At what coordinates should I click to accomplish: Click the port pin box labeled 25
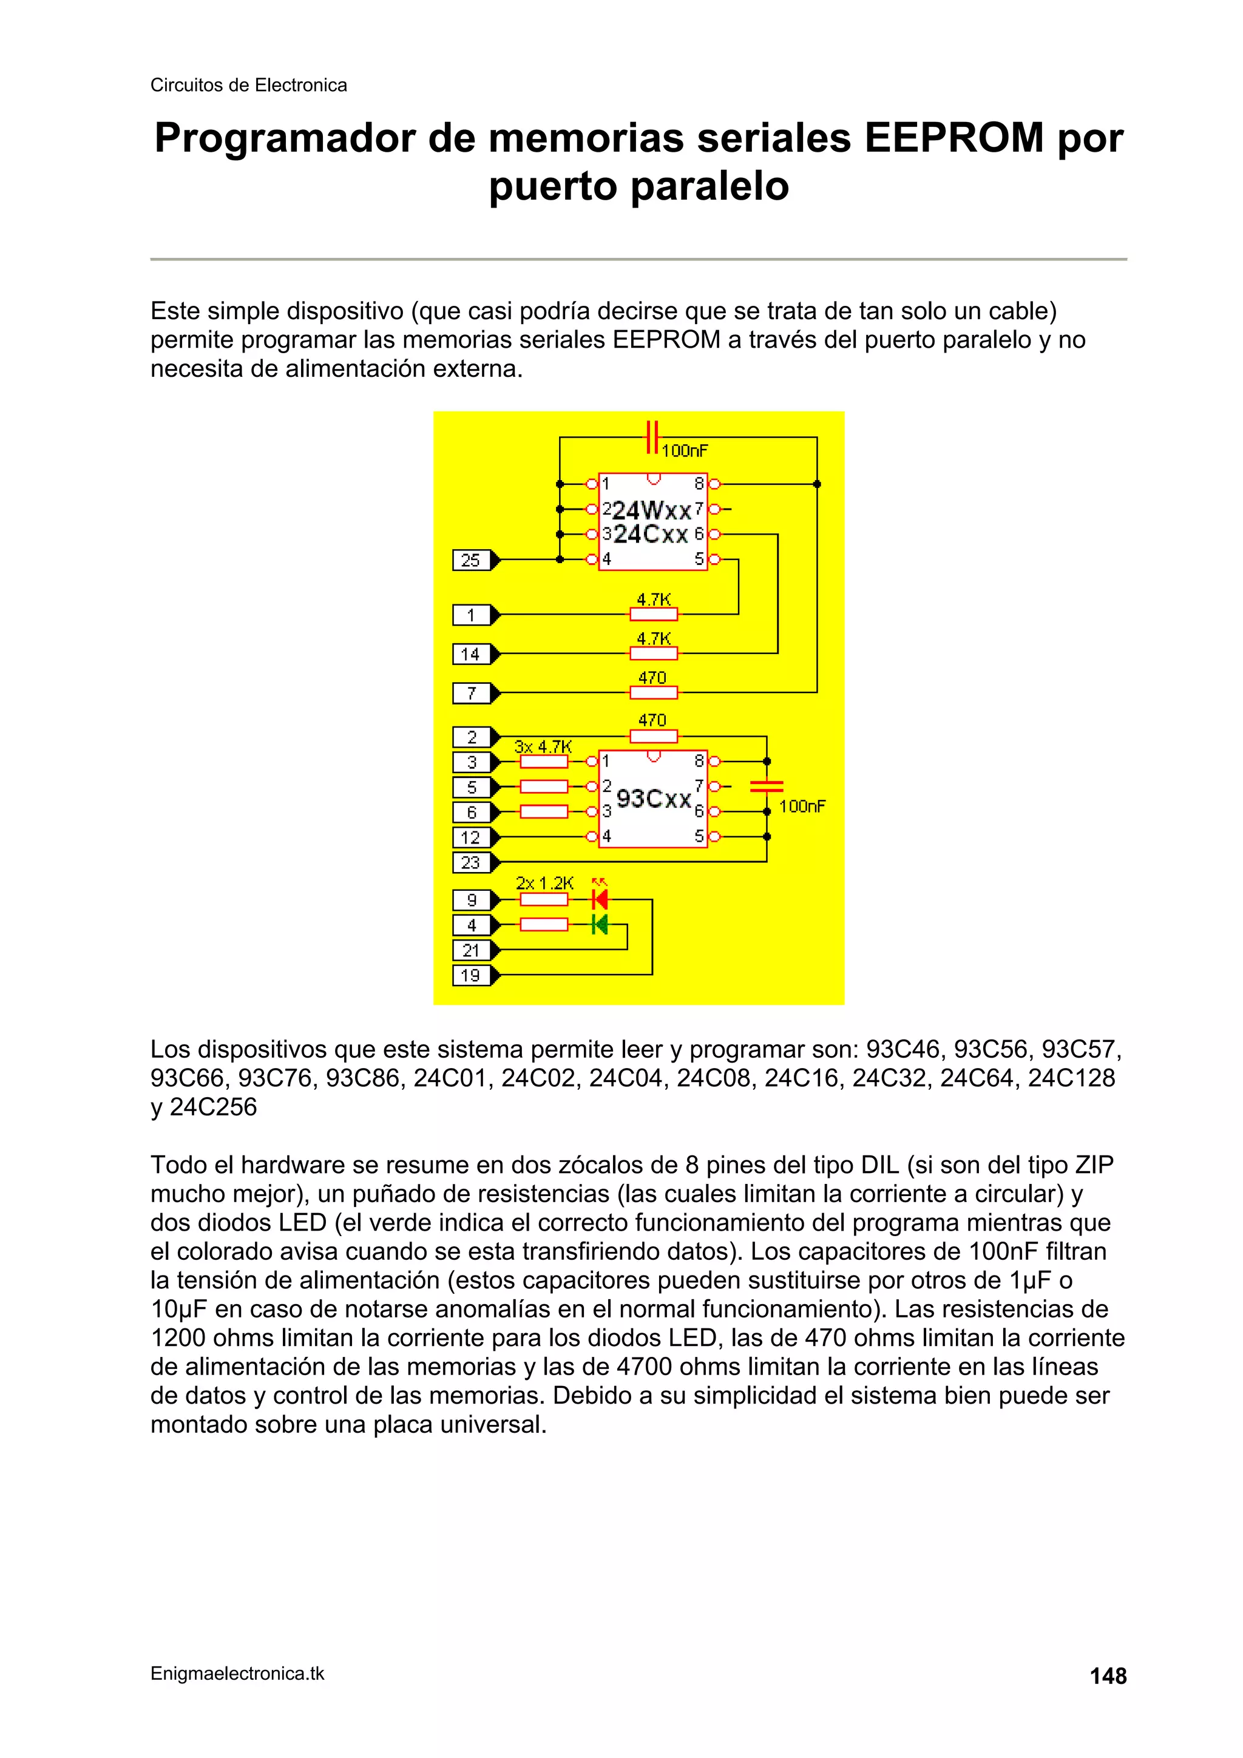point(470,561)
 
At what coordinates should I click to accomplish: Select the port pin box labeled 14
point(470,654)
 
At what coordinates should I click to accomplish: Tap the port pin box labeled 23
point(470,862)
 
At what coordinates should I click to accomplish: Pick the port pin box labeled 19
point(470,975)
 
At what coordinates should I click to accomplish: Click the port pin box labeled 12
point(470,837)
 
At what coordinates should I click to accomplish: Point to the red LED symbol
point(600,899)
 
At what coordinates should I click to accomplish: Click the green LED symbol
point(600,925)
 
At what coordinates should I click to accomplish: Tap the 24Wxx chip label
point(652,510)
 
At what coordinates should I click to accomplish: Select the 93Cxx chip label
point(653,799)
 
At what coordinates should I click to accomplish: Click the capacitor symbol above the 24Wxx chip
point(652,437)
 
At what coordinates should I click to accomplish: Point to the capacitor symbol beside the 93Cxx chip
point(767,786)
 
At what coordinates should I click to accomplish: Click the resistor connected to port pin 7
point(653,693)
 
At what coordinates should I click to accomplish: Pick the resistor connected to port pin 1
point(653,614)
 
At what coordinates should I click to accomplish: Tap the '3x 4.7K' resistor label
point(543,746)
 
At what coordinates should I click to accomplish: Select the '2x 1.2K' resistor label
point(544,883)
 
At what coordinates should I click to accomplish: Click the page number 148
point(1108,1676)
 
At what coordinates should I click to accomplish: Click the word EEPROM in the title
point(954,138)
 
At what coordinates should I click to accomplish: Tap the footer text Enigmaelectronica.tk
point(237,1674)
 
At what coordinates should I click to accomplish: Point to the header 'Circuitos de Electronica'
point(248,85)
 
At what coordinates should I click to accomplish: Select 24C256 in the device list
point(213,1107)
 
